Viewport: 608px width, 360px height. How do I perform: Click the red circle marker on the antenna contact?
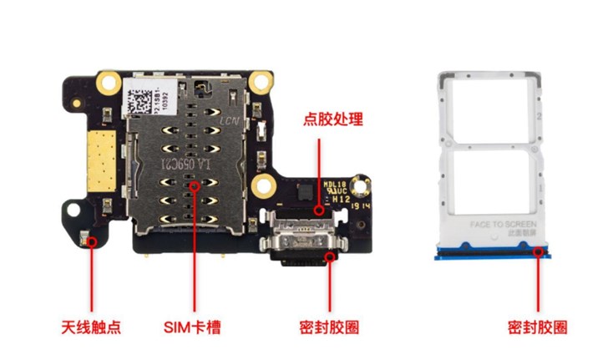(x=91, y=241)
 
